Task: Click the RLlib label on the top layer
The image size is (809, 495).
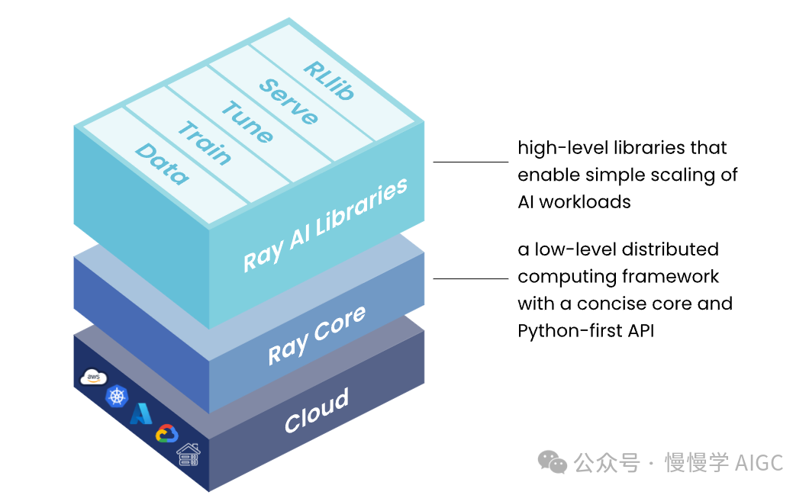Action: pos(329,80)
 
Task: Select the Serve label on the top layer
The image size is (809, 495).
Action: pos(288,101)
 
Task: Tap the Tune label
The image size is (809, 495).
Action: pos(247,122)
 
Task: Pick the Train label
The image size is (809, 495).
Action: pos(205,143)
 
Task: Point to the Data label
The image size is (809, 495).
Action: pos(162,164)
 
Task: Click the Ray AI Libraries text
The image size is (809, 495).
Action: pos(326,224)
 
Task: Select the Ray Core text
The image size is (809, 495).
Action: pos(317,335)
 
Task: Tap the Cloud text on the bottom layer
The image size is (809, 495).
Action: pos(317,410)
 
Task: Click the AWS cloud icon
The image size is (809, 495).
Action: pos(93,378)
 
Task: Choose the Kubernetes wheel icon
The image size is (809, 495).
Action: pos(117,397)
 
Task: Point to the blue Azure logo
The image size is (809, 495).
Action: pos(141,413)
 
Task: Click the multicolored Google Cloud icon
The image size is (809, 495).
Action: pos(166,434)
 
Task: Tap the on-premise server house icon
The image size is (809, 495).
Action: pos(189,455)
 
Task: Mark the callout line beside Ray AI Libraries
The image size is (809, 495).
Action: pos(471,162)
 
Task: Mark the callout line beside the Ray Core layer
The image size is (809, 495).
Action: pos(471,278)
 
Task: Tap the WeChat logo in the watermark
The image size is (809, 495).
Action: pos(552,461)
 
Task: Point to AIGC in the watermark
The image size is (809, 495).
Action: pos(759,463)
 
